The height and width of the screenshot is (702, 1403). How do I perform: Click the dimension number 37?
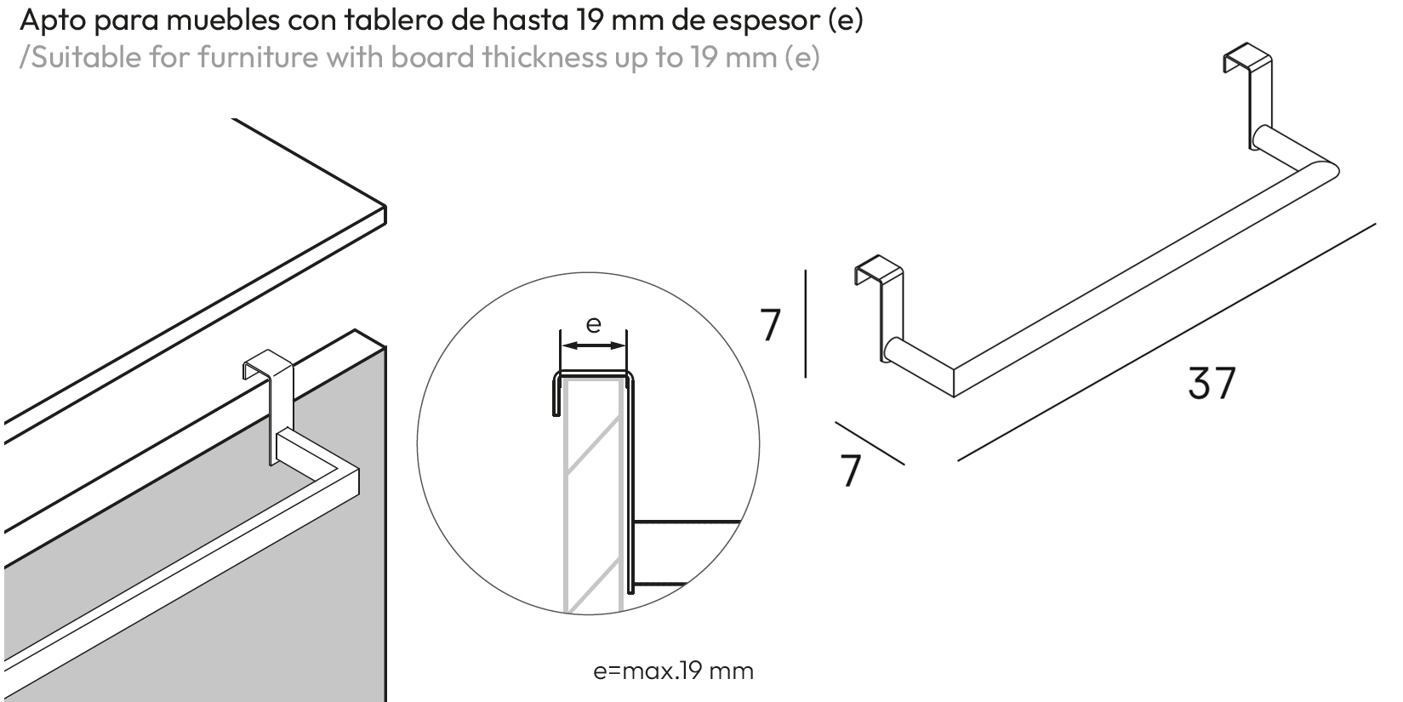coord(1211,383)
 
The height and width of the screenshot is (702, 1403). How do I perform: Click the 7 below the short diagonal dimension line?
coord(851,470)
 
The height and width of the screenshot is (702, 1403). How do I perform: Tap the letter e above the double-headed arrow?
coord(594,324)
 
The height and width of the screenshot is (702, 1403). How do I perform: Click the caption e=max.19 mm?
coord(673,671)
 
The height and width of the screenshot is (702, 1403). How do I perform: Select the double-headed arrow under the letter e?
coord(593,345)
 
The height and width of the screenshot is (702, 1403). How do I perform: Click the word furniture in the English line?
coord(248,57)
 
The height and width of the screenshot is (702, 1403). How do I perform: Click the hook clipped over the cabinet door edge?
coord(269,374)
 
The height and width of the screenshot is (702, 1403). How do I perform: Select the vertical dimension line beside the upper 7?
coord(805,323)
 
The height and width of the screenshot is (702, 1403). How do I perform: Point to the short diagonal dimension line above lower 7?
coord(869,443)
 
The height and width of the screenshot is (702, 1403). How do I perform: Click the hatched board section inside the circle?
coord(593,494)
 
